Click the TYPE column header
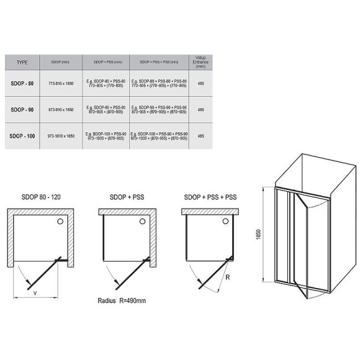[x=22, y=63]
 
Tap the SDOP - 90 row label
[x=23, y=109]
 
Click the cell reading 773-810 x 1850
[x=61, y=84]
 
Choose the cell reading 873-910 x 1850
[x=61, y=109]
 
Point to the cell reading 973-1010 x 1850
[x=61, y=135]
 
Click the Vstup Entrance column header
[x=200, y=62]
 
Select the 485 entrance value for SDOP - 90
[x=200, y=109]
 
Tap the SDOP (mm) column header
[x=61, y=63]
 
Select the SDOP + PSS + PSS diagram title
[x=210, y=197]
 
